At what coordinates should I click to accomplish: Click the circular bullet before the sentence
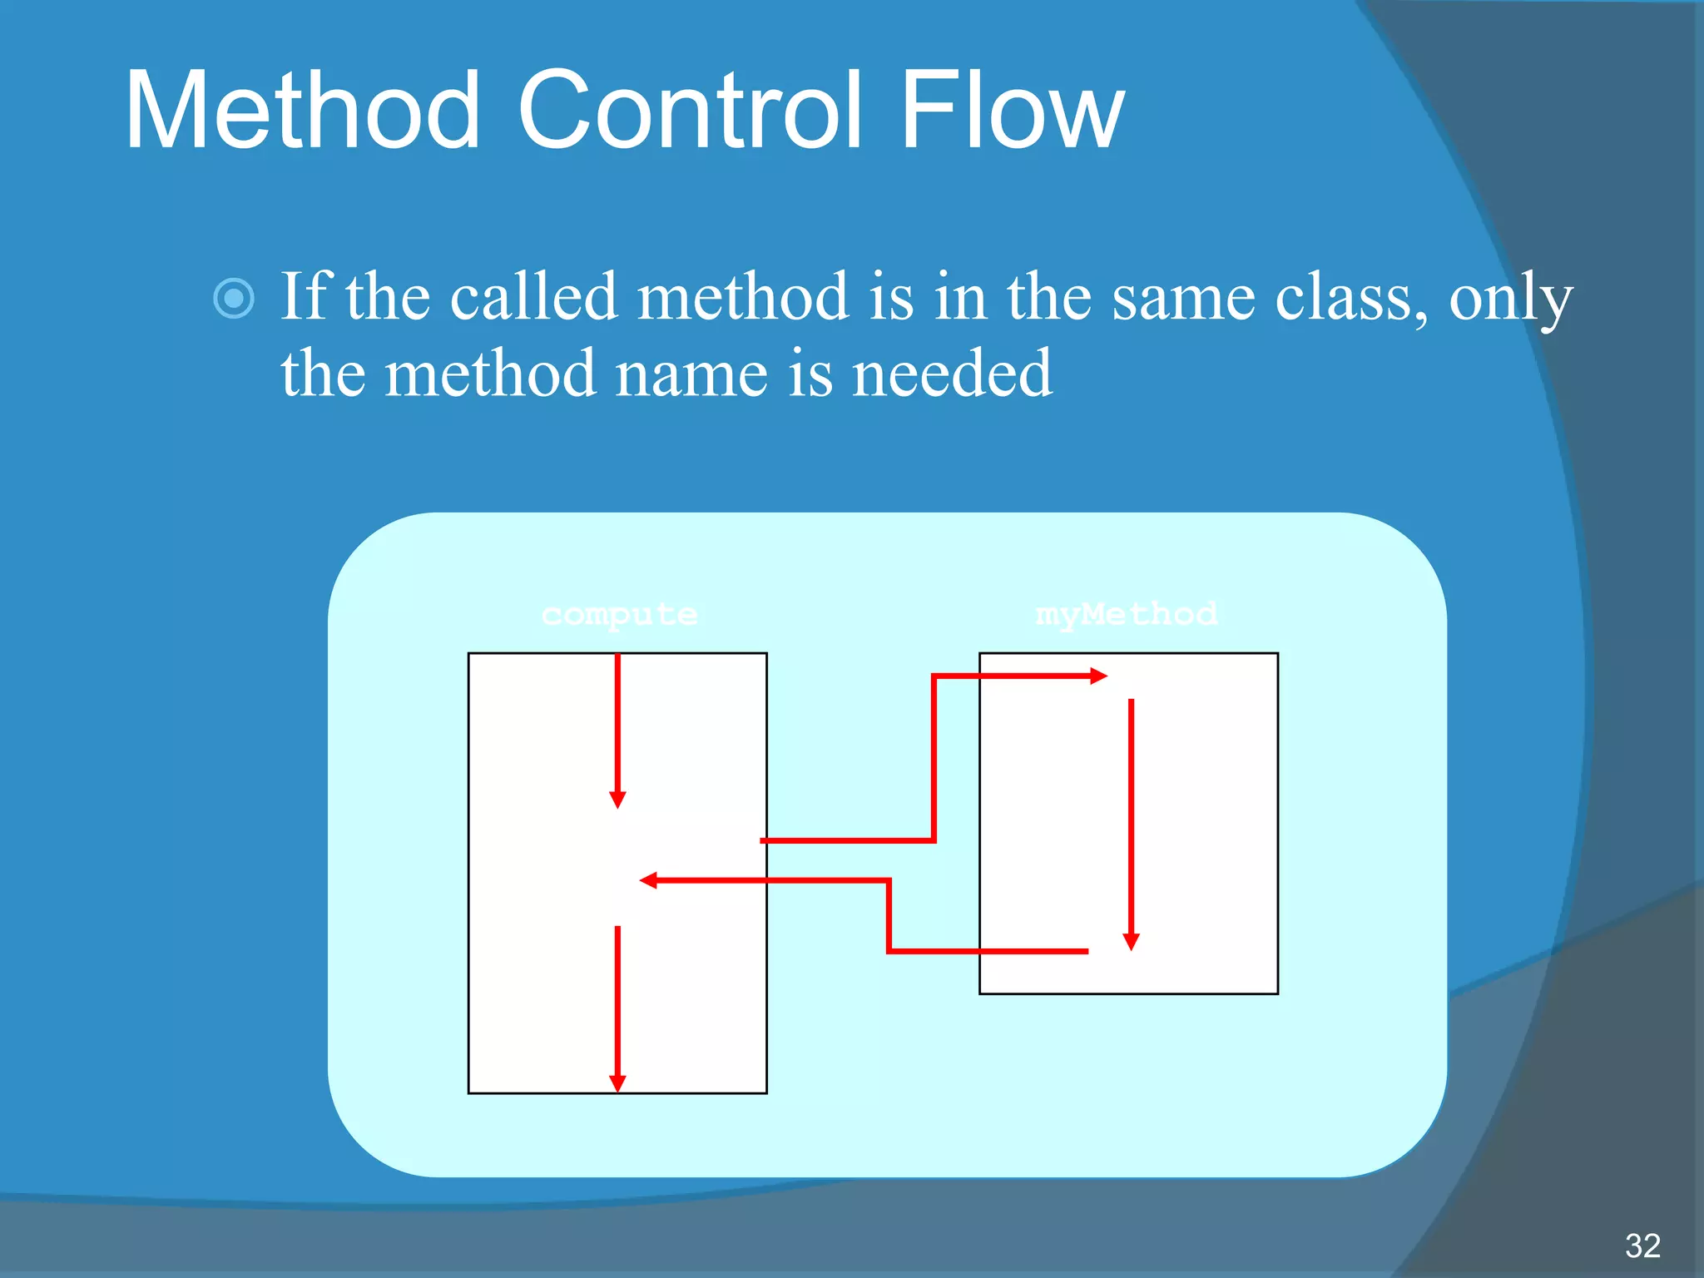point(234,298)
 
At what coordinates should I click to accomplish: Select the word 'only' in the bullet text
point(1510,300)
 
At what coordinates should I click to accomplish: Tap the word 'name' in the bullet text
point(691,374)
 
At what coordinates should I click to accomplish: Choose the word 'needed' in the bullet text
point(953,374)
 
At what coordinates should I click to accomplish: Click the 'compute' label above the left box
point(619,615)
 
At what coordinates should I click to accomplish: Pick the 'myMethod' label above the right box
point(1126,615)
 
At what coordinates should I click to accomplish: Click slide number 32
point(1642,1246)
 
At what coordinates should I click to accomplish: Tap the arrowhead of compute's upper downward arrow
point(617,800)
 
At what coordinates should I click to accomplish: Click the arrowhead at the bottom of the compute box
point(617,1082)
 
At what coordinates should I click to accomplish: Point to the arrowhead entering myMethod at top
point(1098,676)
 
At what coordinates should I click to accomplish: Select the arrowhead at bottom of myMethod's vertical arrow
point(1131,941)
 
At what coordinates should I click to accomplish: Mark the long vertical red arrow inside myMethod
point(1131,815)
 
